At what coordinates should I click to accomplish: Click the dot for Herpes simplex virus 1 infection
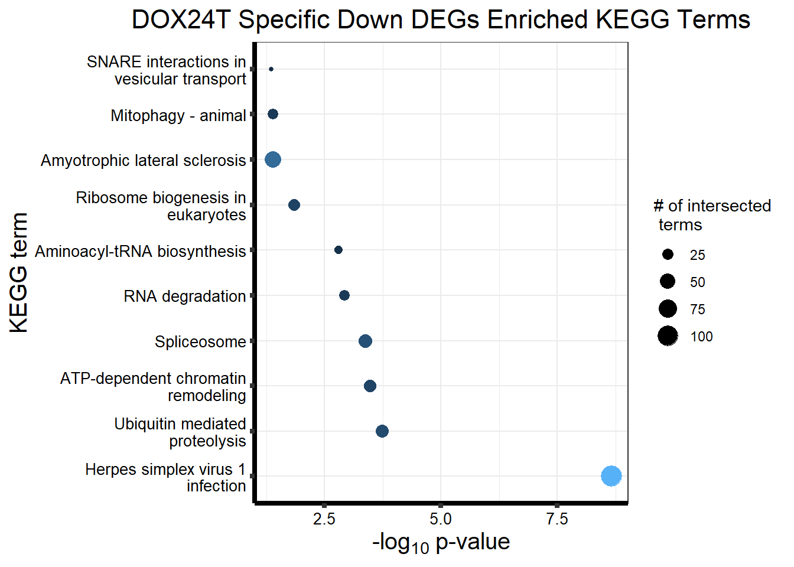[611, 475]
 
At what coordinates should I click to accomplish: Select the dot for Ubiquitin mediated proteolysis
[382, 431]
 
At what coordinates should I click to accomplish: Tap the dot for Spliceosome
[365, 341]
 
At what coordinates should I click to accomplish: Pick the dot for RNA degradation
[344, 295]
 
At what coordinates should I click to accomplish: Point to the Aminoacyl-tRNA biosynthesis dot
[339, 250]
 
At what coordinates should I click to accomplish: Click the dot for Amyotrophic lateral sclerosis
[273, 159]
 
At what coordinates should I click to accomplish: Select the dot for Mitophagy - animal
[273, 114]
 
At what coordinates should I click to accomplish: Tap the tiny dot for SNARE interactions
[271, 69]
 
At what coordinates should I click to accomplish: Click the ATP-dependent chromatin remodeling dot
[370, 386]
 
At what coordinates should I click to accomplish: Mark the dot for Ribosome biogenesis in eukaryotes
[294, 205]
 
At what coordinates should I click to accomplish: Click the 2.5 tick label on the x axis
[324, 519]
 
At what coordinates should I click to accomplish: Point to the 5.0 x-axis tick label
[440, 519]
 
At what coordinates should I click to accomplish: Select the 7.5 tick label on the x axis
[557, 519]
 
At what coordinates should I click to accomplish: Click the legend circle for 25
[668, 255]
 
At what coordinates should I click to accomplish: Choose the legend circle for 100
[668, 336]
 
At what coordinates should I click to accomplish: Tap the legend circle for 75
[668, 309]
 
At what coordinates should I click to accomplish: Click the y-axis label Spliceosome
[200, 342]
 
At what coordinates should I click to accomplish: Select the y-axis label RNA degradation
[184, 296]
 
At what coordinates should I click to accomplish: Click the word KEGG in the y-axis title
[19, 299]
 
